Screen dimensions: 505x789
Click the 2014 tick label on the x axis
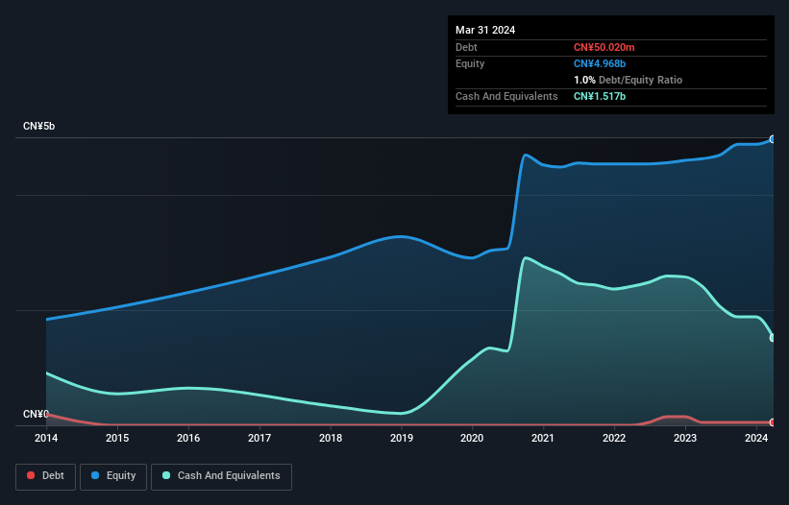pos(46,438)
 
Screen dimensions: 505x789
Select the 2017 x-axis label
pos(259,438)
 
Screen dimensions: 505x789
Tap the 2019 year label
pos(402,438)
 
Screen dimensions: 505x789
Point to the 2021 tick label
pos(544,438)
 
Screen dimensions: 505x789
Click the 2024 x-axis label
pos(756,438)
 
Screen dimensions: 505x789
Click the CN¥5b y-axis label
pos(38,127)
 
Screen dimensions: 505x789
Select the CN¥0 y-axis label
pos(36,415)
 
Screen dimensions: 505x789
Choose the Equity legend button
pos(114,476)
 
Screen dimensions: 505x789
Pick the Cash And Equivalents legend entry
pos(221,476)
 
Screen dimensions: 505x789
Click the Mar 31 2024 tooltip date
pos(485,30)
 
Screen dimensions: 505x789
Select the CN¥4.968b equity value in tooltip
pos(601,63)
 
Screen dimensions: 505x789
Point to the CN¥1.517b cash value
pos(601,96)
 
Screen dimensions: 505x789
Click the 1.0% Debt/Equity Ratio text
pos(628,80)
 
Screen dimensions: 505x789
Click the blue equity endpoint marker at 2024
pos(773,139)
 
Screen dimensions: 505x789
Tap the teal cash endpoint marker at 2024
pos(773,338)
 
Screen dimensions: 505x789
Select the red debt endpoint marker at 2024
pos(773,422)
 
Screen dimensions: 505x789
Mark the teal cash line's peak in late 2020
pos(525,257)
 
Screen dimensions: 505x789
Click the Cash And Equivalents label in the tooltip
pos(506,96)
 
